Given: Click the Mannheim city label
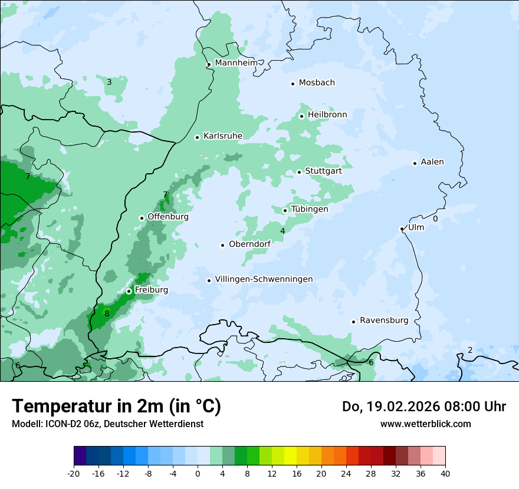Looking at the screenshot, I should tap(236, 63).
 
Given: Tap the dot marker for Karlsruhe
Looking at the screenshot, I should tap(198, 137).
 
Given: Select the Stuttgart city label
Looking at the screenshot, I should tap(323, 171).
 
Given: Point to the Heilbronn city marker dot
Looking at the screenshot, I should tap(301, 116).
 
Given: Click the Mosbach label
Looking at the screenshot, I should tap(317, 83).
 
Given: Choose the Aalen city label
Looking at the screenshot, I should tap(432, 162).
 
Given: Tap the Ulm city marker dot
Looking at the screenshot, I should tap(402, 229).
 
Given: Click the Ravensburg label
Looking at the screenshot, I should tap(384, 321).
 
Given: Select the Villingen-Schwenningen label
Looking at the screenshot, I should tap(264, 279).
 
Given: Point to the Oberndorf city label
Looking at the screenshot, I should tap(250, 244).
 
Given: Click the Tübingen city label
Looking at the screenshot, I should tap(310, 209).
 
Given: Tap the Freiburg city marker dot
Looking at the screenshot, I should tap(129, 291).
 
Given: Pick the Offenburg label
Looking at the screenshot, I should tap(168, 217).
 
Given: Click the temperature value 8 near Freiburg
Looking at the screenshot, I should tap(107, 314).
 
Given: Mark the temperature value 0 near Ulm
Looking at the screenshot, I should tap(435, 219).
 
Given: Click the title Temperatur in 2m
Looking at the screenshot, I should tap(116, 406).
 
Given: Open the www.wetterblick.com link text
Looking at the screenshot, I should tap(425, 424).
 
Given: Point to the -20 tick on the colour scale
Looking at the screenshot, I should tap(74, 473).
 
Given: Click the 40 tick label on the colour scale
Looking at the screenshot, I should tap(445, 473).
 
